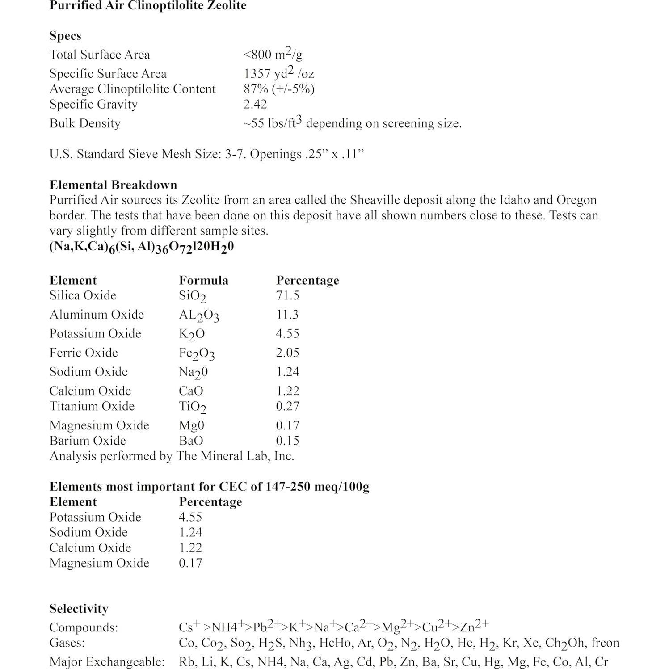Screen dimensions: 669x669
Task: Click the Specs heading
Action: (65, 36)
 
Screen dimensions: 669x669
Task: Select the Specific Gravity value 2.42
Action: (255, 104)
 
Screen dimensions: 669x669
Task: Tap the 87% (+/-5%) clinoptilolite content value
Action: (279, 89)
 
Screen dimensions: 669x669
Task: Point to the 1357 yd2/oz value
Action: (279, 73)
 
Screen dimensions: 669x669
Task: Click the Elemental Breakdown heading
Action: (113, 185)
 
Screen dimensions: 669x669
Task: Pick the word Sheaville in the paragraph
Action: (377, 200)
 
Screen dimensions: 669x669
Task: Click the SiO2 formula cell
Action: (192, 296)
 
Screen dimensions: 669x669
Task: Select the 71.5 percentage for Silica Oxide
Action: (287, 295)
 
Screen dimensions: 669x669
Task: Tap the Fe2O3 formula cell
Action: (197, 353)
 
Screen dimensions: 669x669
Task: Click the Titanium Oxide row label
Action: (92, 406)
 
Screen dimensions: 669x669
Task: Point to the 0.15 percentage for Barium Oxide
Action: (287, 441)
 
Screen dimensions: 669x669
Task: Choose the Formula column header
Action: (203, 280)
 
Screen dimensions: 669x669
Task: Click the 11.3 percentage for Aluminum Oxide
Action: (287, 315)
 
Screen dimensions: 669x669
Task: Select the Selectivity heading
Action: (79, 609)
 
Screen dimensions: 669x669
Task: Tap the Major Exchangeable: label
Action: (107, 662)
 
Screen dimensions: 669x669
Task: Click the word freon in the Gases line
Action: (605, 643)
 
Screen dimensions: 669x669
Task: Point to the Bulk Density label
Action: (85, 123)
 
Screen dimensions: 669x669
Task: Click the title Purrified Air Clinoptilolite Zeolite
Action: (148, 6)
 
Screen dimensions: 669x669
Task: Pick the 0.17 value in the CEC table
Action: (190, 563)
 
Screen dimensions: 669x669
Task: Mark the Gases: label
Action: (67, 643)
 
